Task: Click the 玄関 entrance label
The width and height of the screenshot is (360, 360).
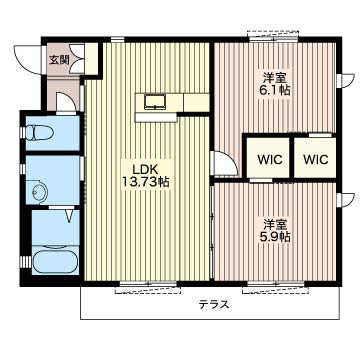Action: pos(59,60)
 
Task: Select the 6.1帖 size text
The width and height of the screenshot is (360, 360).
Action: pos(275,90)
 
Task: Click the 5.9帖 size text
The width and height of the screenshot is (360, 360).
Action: pos(275,236)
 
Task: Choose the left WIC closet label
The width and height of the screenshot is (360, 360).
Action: pos(270,159)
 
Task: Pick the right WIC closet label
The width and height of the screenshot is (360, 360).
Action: pos(316,159)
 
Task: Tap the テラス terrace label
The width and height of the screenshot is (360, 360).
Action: pos(214,304)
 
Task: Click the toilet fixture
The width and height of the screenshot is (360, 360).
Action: pos(39,132)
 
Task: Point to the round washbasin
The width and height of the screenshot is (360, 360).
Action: pos(40,192)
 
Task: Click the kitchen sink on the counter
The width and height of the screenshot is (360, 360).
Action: pos(155,102)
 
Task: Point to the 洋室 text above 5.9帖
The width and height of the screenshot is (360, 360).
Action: pos(275,224)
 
